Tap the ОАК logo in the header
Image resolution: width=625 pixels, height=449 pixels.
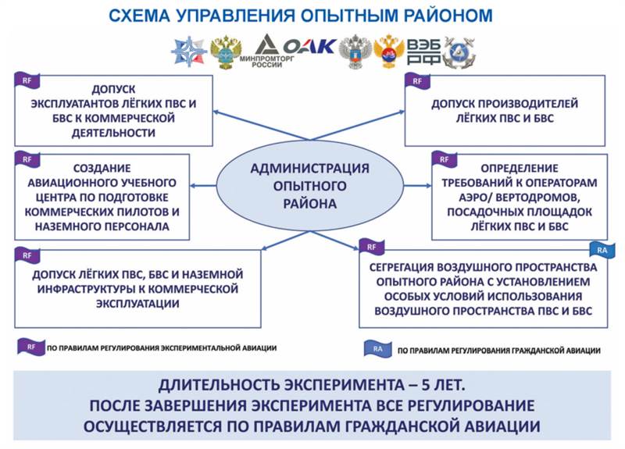point(310,47)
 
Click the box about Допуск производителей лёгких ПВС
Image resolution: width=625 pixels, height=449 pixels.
point(505,110)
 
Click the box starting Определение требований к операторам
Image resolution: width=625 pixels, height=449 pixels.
point(520,196)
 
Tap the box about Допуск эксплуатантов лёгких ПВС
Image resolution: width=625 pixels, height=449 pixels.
point(113,110)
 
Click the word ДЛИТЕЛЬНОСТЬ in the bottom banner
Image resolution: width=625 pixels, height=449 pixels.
point(223,386)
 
